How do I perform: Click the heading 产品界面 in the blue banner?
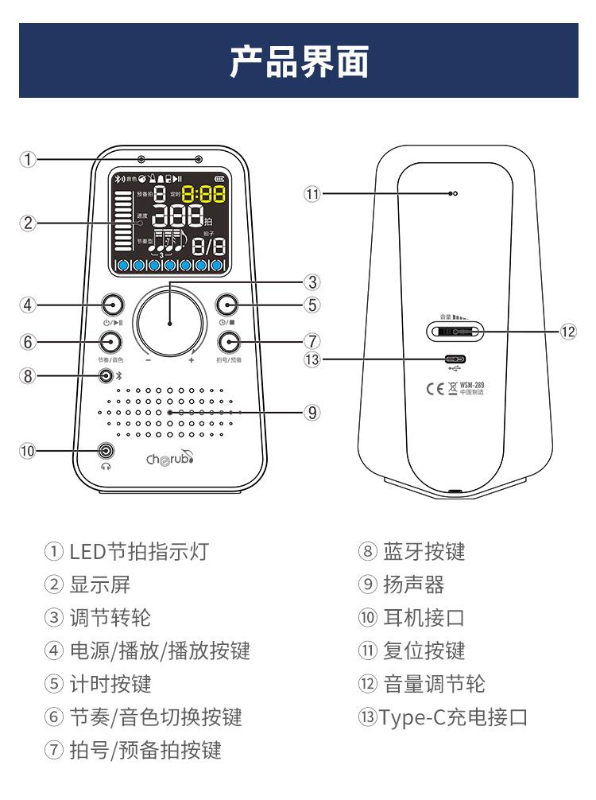[x=298, y=61]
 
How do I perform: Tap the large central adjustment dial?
[x=170, y=322]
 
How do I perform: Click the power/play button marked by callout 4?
[x=111, y=305]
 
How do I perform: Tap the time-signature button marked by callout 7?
[x=229, y=343]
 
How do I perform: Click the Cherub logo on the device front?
[x=169, y=458]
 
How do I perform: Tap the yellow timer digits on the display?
[x=203, y=193]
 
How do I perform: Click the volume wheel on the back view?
[x=455, y=332]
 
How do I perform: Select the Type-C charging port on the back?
[x=455, y=359]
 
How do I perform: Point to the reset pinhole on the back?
[x=451, y=193]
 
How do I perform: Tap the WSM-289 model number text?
[x=472, y=384]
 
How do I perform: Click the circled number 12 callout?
[x=567, y=332]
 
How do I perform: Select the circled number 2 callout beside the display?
[x=29, y=223]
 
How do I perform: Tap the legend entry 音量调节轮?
[x=433, y=684]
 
